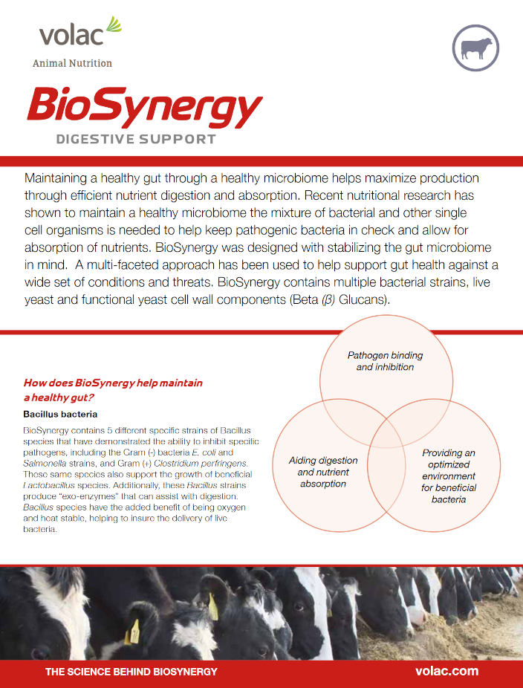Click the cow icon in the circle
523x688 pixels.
(x=475, y=48)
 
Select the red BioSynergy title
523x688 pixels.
(x=144, y=107)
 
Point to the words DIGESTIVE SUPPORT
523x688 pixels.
(x=136, y=139)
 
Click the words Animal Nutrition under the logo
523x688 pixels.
(x=72, y=64)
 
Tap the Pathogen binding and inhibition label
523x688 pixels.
(x=385, y=361)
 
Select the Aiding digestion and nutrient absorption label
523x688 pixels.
(x=322, y=472)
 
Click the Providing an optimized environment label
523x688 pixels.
(x=449, y=476)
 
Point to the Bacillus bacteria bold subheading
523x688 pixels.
(x=60, y=414)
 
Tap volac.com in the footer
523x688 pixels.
(x=447, y=671)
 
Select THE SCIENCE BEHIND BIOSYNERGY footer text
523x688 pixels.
(x=131, y=672)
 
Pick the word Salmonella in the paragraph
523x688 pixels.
(x=45, y=463)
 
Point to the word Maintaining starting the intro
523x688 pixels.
(x=59, y=178)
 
